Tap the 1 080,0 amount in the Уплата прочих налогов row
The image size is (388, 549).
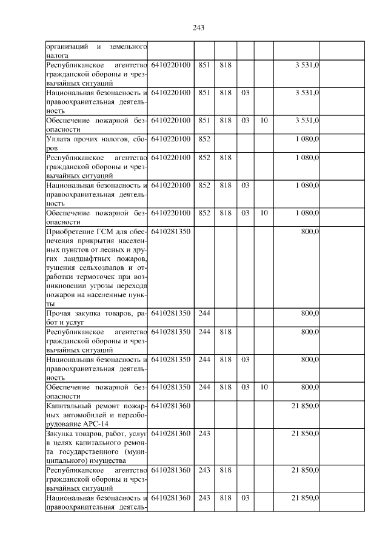tap(307, 139)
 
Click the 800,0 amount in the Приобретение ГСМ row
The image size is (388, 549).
tap(309, 232)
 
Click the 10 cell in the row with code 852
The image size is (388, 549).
tap(264, 213)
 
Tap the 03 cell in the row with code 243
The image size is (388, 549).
tap(245, 497)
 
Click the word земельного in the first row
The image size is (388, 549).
tap(129, 46)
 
